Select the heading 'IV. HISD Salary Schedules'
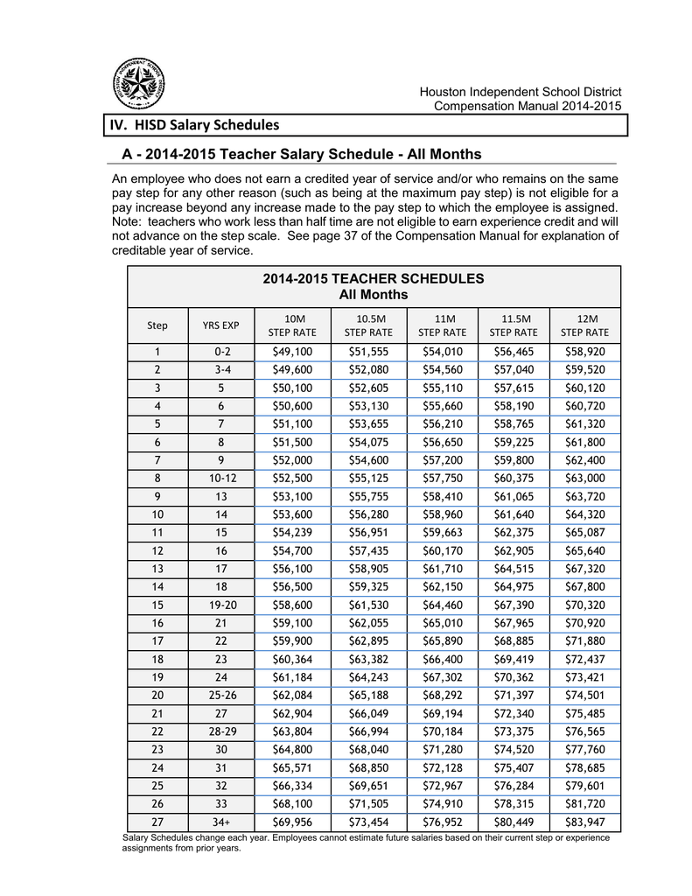click(193, 125)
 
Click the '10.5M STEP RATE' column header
click(368, 325)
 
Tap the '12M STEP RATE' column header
click(584, 325)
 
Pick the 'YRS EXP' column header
click(220, 325)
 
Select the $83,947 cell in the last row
click(584, 822)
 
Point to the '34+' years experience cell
click(220, 822)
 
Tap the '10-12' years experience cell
click(220, 479)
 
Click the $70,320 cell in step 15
click(584, 605)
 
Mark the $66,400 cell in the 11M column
click(442, 660)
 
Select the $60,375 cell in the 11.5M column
click(514, 479)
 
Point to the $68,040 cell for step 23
click(368, 750)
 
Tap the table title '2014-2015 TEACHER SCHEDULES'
click(374, 278)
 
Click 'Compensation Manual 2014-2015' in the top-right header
click(528, 106)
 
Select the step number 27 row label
click(157, 822)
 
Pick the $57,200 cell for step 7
click(442, 460)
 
